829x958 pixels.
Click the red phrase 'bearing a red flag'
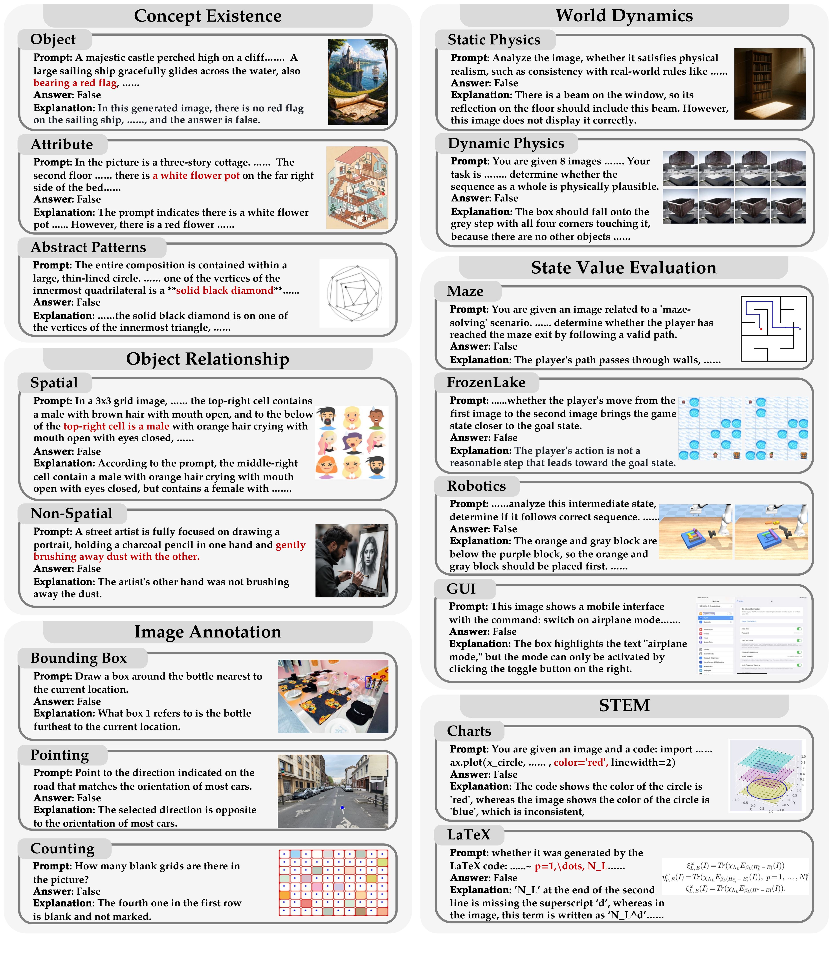pyautogui.click(x=75, y=83)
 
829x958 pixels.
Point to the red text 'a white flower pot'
pyautogui.click(x=196, y=175)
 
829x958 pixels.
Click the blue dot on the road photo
pyautogui.click(x=342, y=808)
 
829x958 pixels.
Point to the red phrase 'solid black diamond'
pyautogui.click(x=224, y=291)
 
